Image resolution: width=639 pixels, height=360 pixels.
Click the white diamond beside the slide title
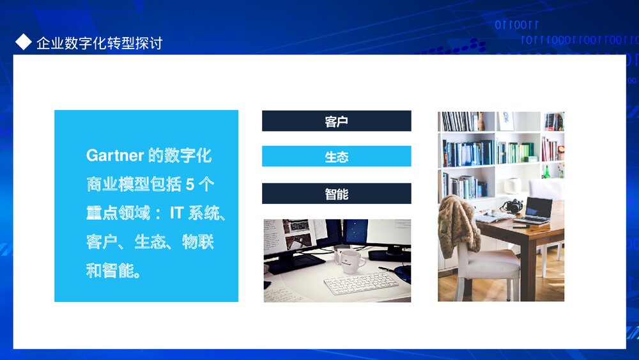[24, 43]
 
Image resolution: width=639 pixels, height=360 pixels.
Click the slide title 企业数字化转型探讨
[100, 43]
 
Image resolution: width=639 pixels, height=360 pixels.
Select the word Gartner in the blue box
[114, 156]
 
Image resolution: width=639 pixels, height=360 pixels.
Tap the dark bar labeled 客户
[336, 121]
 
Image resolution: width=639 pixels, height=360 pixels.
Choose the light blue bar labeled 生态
[336, 157]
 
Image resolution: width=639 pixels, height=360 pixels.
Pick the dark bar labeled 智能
[336, 194]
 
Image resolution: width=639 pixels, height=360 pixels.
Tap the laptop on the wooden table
[535, 210]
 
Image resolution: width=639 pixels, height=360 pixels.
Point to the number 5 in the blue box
[190, 185]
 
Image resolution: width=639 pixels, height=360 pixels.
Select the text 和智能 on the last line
[112, 271]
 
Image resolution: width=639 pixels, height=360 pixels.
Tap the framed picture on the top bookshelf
[505, 121]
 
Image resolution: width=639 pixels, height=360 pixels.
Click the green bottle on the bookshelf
[546, 171]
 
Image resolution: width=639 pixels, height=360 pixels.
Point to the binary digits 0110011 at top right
[517, 26]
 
